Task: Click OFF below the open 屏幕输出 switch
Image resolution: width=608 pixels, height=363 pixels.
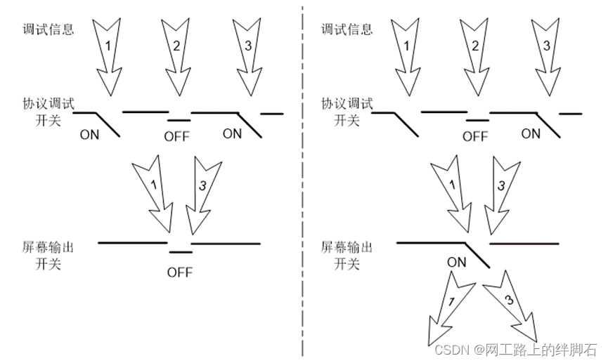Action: (180, 272)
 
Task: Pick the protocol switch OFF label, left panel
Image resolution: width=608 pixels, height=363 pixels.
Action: (177, 136)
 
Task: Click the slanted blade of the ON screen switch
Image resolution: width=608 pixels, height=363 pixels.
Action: (477, 255)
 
